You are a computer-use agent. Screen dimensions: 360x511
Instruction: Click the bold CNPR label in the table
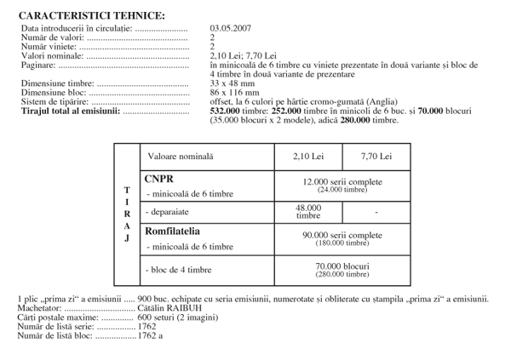pyautogui.click(x=159, y=179)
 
